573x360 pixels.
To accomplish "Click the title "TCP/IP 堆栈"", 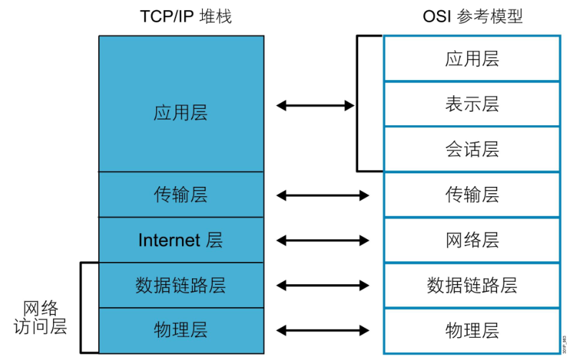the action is pyautogui.click(x=186, y=16).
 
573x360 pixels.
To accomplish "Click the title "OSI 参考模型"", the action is pyautogui.click(x=473, y=16).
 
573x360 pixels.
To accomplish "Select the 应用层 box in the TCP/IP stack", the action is pyautogui.click(x=181, y=104).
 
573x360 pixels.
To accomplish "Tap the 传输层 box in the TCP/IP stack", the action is pyautogui.click(x=181, y=195).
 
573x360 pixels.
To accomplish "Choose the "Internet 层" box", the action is pyautogui.click(x=181, y=240).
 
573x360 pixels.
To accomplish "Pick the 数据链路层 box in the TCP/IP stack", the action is pyautogui.click(x=181, y=285).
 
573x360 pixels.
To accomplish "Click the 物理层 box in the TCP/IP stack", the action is pyautogui.click(x=181, y=331).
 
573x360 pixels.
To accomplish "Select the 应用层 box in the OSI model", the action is pyautogui.click(x=472, y=59).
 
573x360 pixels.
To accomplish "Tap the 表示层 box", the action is pyautogui.click(x=472, y=104).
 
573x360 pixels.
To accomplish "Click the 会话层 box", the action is pyautogui.click(x=472, y=150).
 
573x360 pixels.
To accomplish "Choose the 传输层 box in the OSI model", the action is pyautogui.click(x=472, y=195).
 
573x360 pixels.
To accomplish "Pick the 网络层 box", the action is pyautogui.click(x=472, y=240).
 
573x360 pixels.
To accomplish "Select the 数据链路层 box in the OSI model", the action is pyautogui.click(x=472, y=285).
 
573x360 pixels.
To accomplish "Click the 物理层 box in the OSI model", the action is pyautogui.click(x=472, y=331).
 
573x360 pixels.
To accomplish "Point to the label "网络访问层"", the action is pyautogui.click(x=40, y=317).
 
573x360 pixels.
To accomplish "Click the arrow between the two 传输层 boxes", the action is pyautogui.click(x=323, y=195).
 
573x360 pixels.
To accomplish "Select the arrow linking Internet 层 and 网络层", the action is pyautogui.click(x=323, y=240).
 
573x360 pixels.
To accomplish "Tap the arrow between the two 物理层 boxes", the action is pyautogui.click(x=323, y=331).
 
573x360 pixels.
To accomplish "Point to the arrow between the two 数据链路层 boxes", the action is pyautogui.click(x=323, y=286).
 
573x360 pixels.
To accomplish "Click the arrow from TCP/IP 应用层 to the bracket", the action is pyautogui.click(x=315, y=106).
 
